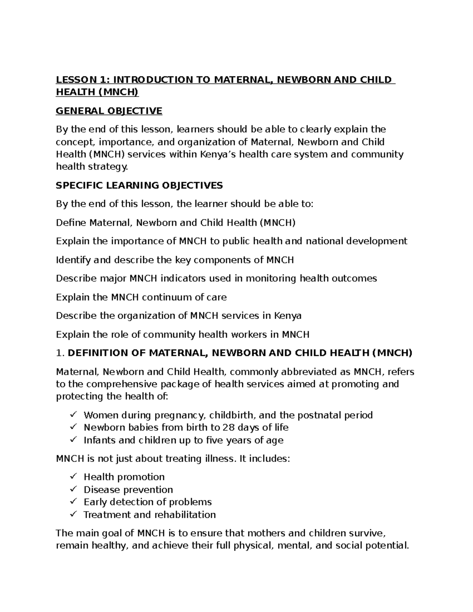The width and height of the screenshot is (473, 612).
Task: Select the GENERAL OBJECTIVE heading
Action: tap(109, 111)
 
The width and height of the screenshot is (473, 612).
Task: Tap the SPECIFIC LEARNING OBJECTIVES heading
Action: tap(139, 185)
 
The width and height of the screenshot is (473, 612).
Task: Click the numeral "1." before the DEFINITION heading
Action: tap(60, 353)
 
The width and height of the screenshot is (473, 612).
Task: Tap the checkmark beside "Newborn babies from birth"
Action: tap(73, 427)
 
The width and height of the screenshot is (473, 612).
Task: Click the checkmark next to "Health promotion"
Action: tap(73, 477)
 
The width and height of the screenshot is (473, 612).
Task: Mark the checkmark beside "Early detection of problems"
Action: tap(73, 502)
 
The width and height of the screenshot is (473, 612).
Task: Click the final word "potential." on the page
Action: tap(387, 546)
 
